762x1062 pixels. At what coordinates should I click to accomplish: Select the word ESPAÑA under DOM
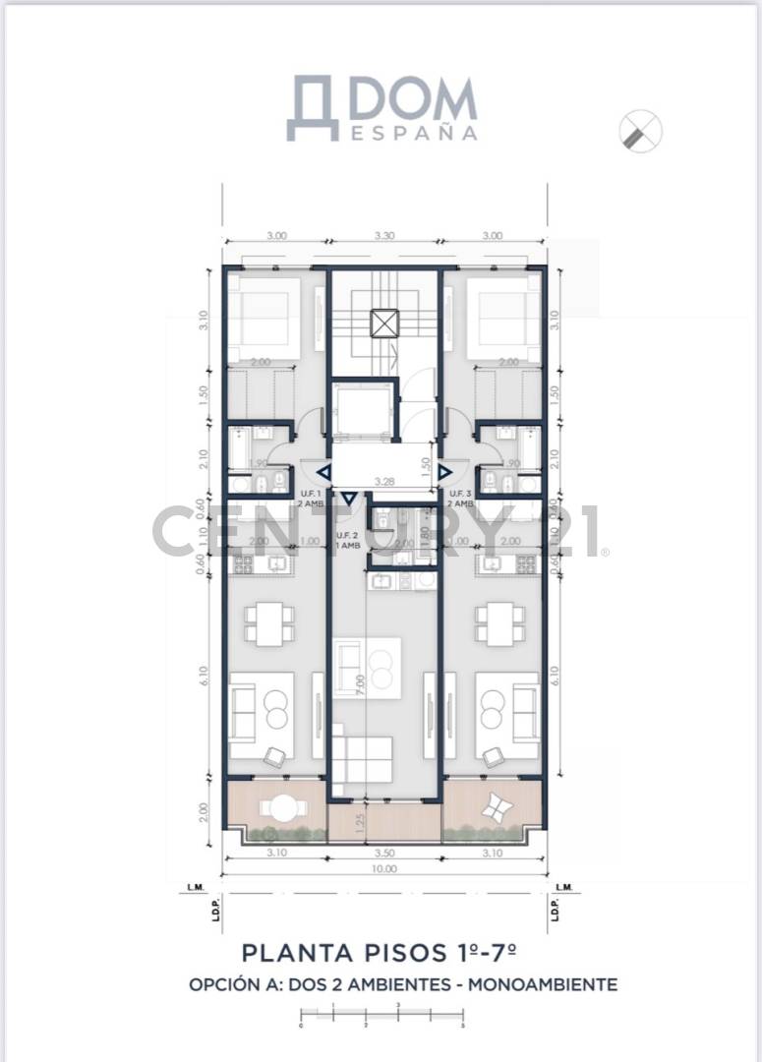[414, 132]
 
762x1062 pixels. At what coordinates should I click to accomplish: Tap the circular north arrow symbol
[641, 131]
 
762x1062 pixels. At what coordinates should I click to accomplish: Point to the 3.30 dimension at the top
[384, 236]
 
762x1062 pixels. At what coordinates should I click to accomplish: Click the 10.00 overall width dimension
[384, 869]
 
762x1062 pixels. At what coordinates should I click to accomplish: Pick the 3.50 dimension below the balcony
[384, 855]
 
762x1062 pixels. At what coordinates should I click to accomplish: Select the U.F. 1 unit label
[311, 497]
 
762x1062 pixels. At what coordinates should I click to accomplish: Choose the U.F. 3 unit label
[461, 497]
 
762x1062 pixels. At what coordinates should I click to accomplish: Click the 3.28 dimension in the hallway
[384, 481]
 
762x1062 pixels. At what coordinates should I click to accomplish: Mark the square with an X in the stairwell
[383, 324]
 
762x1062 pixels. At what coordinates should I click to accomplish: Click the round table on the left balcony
[279, 807]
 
